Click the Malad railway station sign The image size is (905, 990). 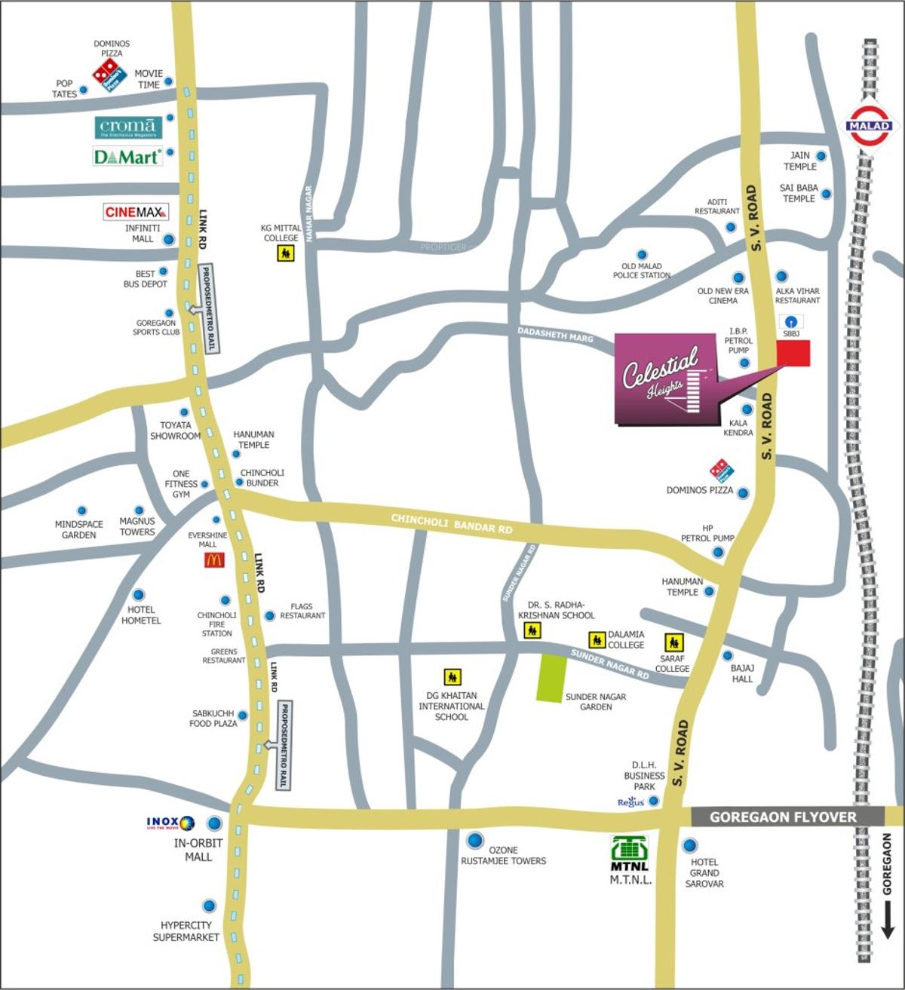click(870, 126)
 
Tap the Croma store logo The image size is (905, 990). click(128, 127)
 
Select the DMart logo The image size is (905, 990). click(127, 157)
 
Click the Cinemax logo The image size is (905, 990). click(136, 212)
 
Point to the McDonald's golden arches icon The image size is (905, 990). click(214, 560)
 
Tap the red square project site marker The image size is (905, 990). click(793, 353)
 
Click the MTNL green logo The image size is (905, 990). click(629, 852)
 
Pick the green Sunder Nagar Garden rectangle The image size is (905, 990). click(551, 679)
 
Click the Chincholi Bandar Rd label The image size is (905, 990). click(452, 524)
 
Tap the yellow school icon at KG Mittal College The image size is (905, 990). click(285, 253)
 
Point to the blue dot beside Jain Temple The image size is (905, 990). click(821, 156)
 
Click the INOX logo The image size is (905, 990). click(170, 823)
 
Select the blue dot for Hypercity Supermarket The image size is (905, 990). click(209, 906)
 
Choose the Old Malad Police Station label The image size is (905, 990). click(641, 271)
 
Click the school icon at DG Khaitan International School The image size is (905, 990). click(452, 677)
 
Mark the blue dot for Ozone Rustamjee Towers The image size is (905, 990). click(475, 840)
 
